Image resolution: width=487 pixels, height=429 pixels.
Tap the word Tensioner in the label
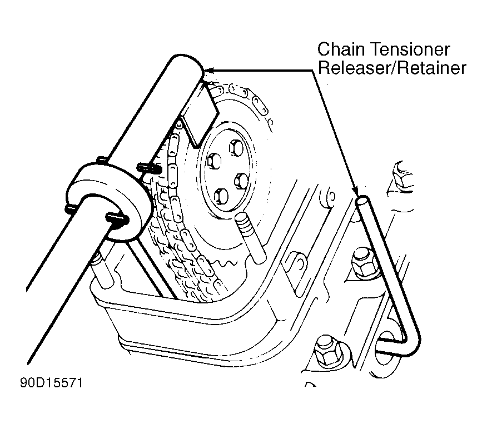tap(410, 49)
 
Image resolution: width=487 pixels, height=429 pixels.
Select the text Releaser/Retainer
tap(392, 68)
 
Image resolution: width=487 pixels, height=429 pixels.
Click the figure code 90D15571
tap(52, 383)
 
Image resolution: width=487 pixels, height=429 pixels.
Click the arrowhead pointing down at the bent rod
tap(356, 191)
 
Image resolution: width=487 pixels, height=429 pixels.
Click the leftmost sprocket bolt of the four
tap(214, 161)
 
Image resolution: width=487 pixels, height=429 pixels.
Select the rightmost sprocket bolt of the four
tap(241, 181)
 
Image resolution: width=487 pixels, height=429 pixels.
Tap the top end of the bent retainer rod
tap(363, 200)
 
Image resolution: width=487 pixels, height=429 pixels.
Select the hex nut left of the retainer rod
tap(365, 263)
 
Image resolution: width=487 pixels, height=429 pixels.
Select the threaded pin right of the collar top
tap(148, 168)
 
